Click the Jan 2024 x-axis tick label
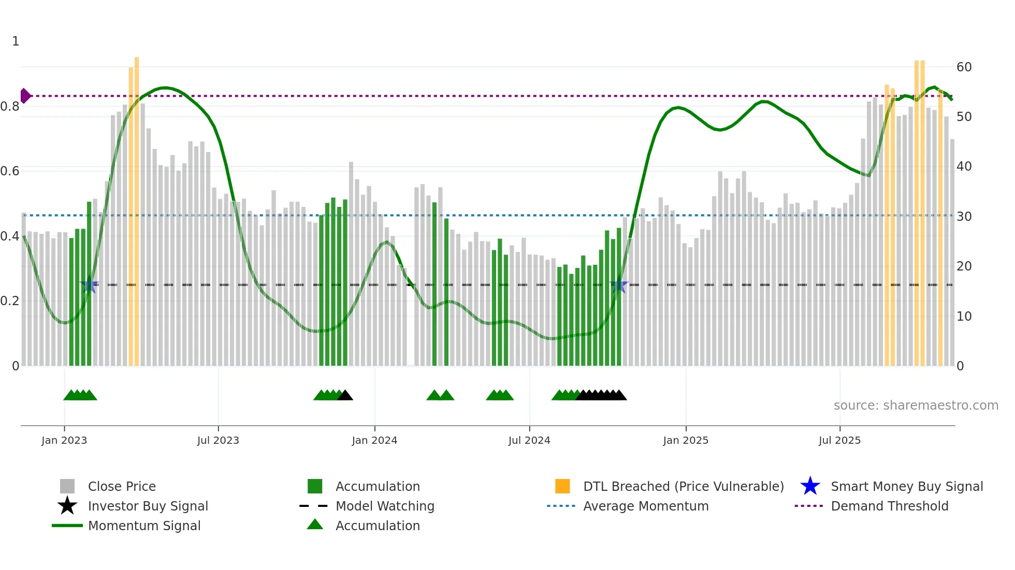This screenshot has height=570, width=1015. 374,440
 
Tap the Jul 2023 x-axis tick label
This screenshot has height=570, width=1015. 218,440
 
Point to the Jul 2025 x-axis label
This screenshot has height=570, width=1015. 839,440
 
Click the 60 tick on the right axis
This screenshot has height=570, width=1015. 964,67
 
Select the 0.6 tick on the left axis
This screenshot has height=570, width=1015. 10,171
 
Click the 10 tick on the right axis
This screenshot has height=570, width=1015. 964,317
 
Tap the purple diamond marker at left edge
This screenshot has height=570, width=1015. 25,96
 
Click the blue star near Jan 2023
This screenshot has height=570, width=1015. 90,285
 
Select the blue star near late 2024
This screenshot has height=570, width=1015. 619,285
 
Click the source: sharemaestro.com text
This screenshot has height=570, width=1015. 916,406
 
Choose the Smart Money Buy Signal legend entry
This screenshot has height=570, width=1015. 906,486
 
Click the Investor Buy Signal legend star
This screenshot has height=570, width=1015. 67,506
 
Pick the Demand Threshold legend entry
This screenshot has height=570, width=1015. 889,506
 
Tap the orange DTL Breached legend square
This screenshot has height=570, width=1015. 562,486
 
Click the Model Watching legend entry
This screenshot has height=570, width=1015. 384,506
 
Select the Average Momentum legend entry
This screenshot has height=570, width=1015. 645,506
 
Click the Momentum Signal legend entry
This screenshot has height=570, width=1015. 143,526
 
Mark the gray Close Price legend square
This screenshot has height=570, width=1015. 67,486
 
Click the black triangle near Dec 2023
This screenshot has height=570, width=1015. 345,396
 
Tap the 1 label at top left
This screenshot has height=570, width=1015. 16,41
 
